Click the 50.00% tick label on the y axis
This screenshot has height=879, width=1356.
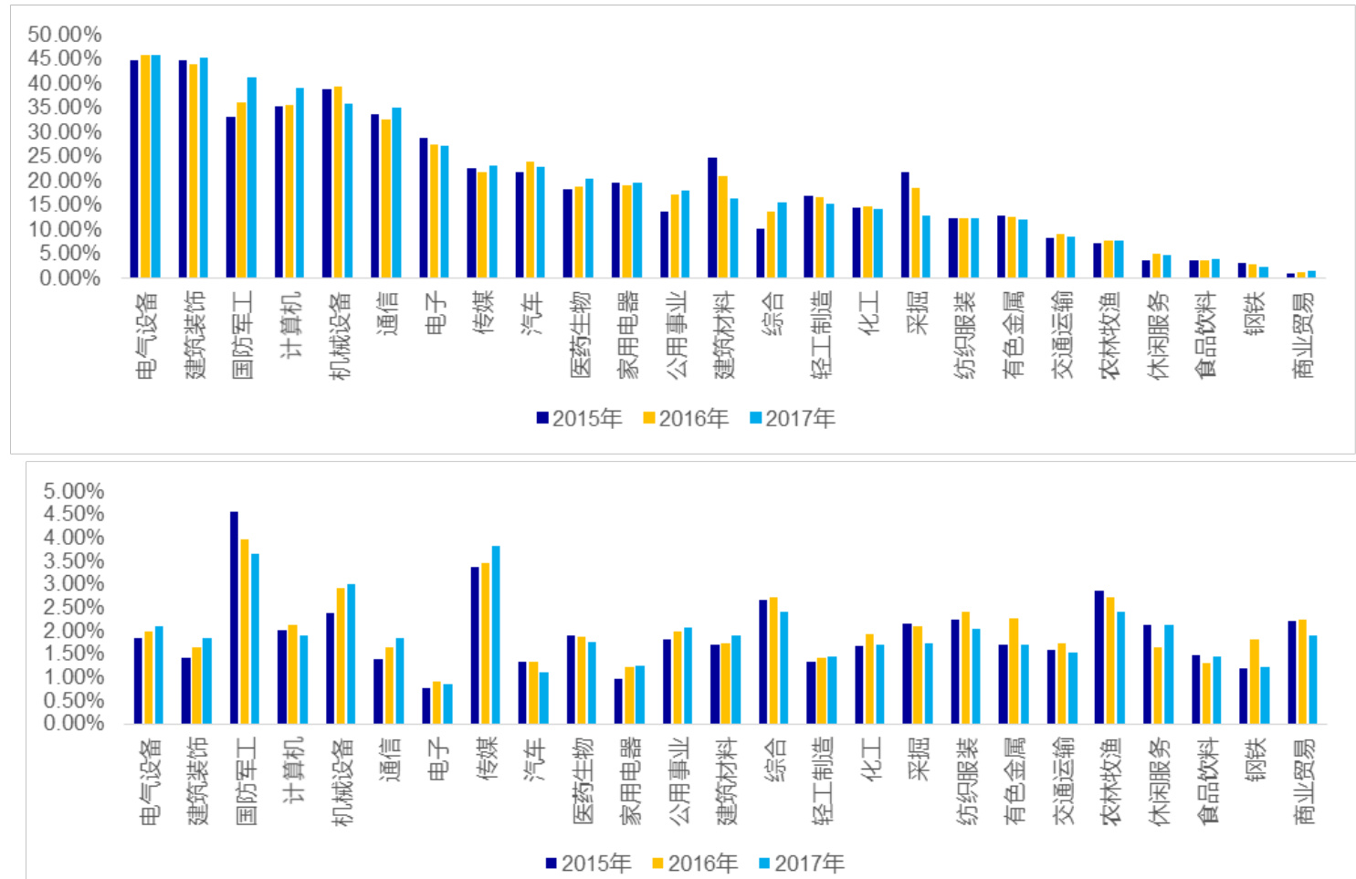tap(64, 35)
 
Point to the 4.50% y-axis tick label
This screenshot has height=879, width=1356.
tap(73, 514)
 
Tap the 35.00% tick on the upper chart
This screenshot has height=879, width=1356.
tap(64, 108)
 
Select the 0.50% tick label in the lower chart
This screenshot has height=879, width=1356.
tap(73, 700)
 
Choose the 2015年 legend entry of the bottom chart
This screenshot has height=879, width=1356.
tap(588, 863)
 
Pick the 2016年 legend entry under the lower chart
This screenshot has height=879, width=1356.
tap(695, 863)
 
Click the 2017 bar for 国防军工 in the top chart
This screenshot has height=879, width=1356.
tap(252, 177)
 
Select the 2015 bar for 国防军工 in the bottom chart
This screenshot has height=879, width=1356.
tap(234, 618)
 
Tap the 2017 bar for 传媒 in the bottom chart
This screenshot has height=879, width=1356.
tap(496, 635)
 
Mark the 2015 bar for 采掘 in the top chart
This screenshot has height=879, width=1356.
tap(905, 225)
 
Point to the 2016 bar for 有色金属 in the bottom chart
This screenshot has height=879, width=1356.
tap(1014, 672)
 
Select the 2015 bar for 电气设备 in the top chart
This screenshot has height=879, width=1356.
tap(134, 169)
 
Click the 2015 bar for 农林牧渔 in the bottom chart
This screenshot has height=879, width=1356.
tap(1099, 657)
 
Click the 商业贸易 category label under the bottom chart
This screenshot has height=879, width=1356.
tap(1304, 781)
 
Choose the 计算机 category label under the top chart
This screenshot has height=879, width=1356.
tap(290, 325)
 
